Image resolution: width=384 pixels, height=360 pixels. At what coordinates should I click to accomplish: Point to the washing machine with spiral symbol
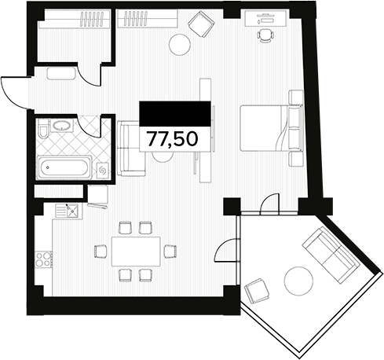(x=102, y=169)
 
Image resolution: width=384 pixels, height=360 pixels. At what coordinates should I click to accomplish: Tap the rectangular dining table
(x=134, y=252)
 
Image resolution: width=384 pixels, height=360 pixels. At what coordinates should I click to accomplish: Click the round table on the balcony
(x=298, y=280)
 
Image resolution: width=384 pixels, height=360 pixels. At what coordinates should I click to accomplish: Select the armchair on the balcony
(x=257, y=292)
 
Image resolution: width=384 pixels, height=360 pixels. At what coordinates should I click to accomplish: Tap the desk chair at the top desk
(x=265, y=35)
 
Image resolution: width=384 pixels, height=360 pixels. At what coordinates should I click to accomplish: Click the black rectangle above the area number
(x=176, y=112)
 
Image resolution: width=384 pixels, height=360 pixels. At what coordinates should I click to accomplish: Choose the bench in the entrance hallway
(x=60, y=74)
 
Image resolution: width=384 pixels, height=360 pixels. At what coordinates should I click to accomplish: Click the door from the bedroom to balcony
(x=267, y=204)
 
